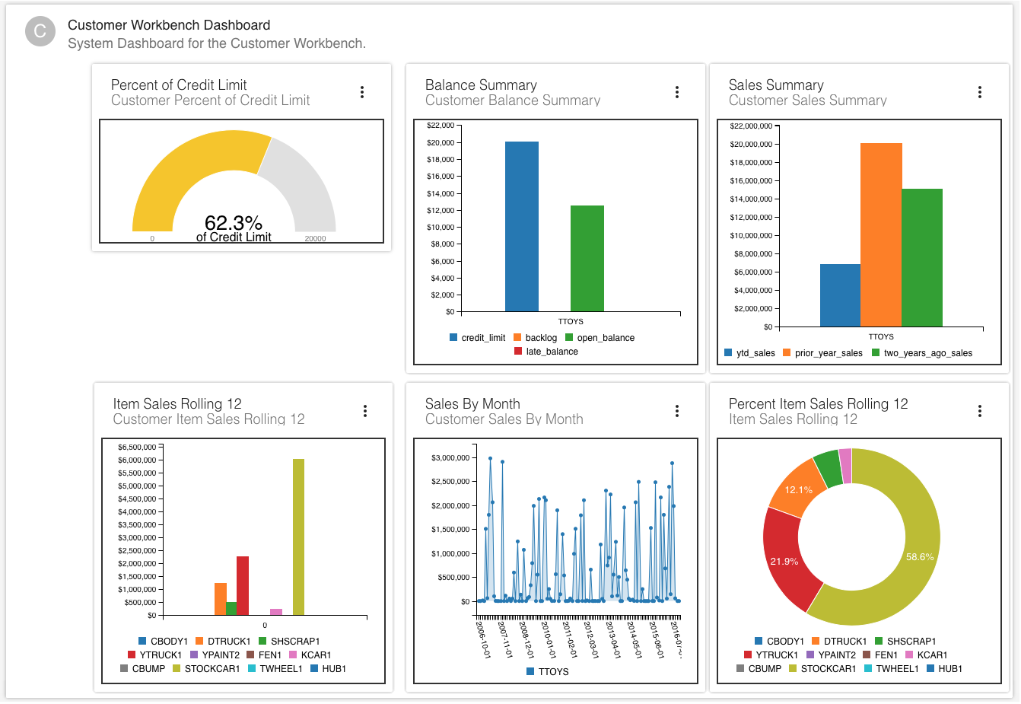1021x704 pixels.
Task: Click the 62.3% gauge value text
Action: tap(234, 223)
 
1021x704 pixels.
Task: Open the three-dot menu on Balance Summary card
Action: tap(676, 92)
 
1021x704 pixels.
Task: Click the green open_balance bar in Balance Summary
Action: tap(587, 258)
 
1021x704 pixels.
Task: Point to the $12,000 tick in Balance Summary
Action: tap(441, 211)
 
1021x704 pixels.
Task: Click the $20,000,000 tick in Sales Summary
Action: tap(750, 145)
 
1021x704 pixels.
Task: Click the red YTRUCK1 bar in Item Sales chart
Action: tap(243, 585)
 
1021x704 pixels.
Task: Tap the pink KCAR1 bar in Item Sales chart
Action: tap(276, 611)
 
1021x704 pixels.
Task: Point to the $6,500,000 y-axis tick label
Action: tap(137, 448)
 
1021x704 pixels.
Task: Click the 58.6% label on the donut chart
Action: tap(920, 557)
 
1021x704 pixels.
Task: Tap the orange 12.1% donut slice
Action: tap(798, 490)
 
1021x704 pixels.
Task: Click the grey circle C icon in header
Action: tap(40, 32)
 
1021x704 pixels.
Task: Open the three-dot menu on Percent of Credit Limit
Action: tap(362, 92)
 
